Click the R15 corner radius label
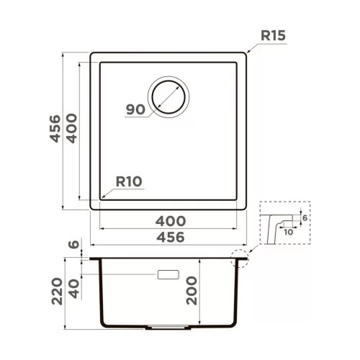(x=273, y=36)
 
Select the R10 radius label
(x=129, y=181)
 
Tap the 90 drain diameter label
(x=135, y=109)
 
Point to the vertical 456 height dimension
(x=55, y=129)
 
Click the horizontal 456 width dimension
(x=171, y=237)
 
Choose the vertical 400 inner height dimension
(x=72, y=128)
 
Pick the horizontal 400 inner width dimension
(x=171, y=221)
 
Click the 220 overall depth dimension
(x=58, y=292)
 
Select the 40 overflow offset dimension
(x=74, y=289)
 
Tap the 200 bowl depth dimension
(x=192, y=291)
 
